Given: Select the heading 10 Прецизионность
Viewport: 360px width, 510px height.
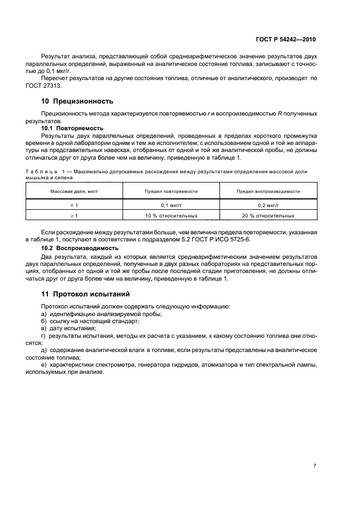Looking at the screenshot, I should pyautogui.click(x=77, y=101).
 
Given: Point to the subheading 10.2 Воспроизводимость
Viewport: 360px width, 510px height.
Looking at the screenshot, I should pyautogui.click(x=77, y=248).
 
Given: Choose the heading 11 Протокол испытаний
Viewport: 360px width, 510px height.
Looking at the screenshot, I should pyautogui.click(x=86, y=294).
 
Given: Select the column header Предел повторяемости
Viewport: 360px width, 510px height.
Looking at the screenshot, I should pyautogui.click(x=171, y=192).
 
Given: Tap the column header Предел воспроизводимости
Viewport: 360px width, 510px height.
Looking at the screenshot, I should pyautogui.click(x=268, y=192).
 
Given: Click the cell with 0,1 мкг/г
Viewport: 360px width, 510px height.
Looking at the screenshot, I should pyautogui.click(x=171, y=205).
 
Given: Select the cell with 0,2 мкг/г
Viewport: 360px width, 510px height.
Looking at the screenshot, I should pyautogui.click(x=268, y=205).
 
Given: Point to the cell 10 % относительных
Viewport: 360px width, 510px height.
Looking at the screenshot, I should pyautogui.click(x=171, y=216).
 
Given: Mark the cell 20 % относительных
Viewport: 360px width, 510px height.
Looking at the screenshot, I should pyautogui.click(x=268, y=216).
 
